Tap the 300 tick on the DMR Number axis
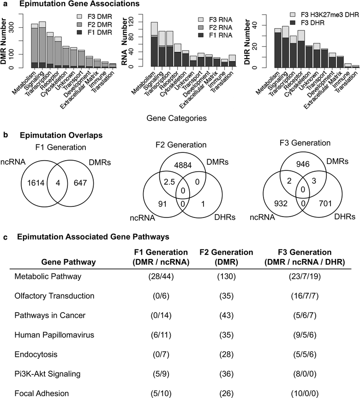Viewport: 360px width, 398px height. [19, 27]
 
